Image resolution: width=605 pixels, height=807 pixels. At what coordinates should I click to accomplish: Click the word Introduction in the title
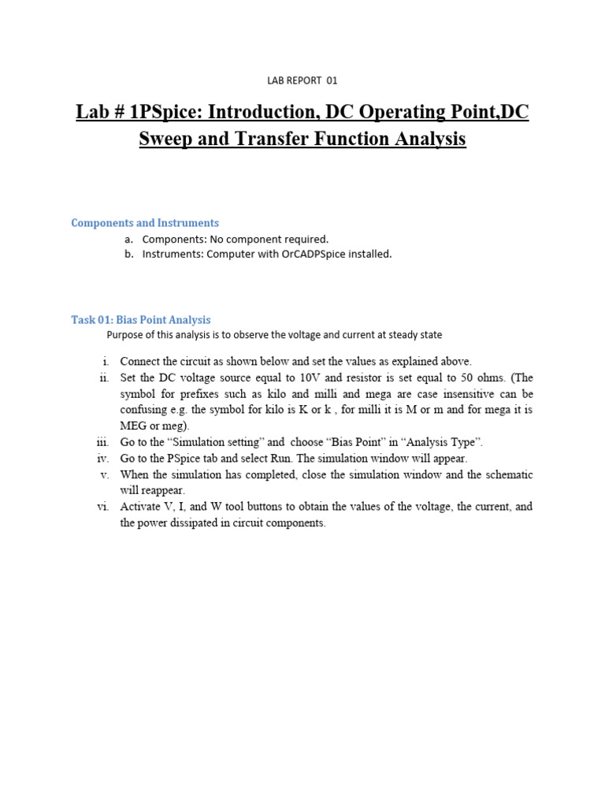tap(255, 112)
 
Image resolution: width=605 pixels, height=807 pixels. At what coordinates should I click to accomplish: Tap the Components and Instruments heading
tap(145, 223)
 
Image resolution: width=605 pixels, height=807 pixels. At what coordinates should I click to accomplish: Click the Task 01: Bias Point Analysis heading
tap(141, 320)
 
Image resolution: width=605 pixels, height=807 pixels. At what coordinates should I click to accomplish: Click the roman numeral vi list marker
tap(102, 507)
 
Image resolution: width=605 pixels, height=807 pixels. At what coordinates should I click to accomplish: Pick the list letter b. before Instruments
tap(129, 254)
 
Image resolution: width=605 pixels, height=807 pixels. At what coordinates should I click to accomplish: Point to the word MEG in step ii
tap(133, 426)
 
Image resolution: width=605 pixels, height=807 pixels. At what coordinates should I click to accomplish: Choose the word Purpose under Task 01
tap(126, 335)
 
